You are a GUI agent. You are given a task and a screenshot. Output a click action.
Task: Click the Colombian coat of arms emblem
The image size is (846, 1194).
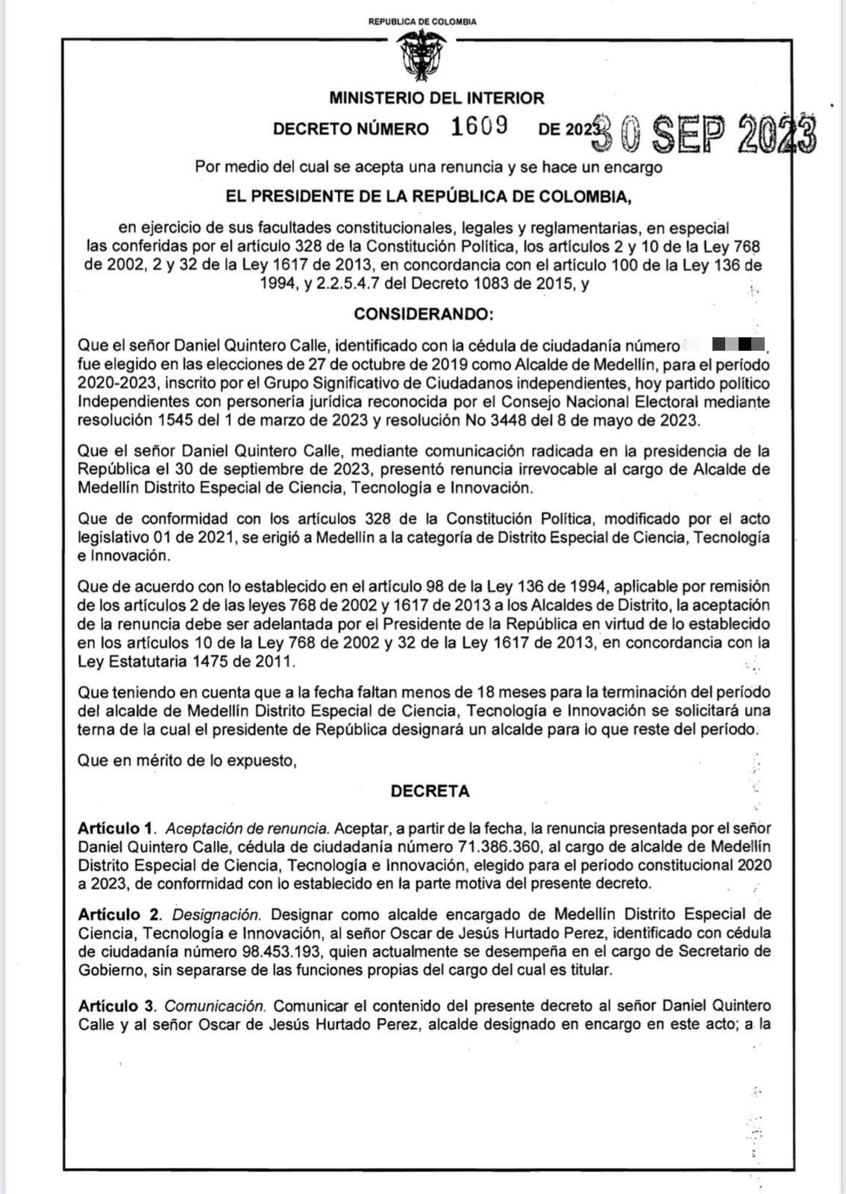click(x=422, y=55)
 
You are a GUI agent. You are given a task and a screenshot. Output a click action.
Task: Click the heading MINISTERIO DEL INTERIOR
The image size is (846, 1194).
click(x=436, y=98)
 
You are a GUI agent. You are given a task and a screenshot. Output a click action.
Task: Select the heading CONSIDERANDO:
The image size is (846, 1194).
click(x=423, y=314)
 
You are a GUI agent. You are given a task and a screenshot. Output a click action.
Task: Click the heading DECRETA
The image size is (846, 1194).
click(x=430, y=791)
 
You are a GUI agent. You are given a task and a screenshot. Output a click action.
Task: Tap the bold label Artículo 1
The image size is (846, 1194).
click(x=116, y=828)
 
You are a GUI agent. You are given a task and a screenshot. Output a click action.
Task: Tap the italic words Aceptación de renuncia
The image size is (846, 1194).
click(x=247, y=828)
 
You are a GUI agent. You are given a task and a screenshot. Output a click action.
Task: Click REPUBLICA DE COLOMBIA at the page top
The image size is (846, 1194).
click(x=422, y=22)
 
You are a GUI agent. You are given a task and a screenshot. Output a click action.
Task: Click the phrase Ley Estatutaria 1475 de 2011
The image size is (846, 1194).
click(x=186, y=661)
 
